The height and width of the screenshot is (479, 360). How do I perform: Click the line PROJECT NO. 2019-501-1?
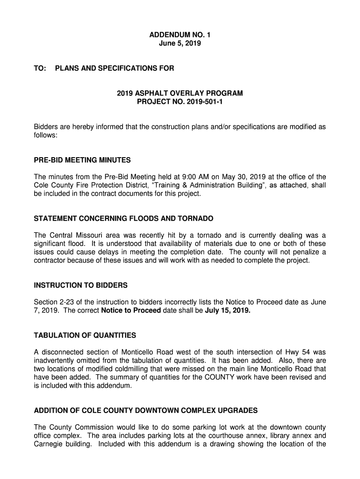(x=180, y=102)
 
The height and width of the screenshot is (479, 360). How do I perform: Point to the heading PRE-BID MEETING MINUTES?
(x=82, y=160)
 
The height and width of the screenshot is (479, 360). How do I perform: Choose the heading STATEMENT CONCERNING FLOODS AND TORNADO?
(x=123, y=219)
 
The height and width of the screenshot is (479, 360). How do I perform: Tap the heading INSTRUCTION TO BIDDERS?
(x=81, y=285)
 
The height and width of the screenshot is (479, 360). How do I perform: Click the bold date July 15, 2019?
(x=228, y=310)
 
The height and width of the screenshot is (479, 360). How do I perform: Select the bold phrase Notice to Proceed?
(x=131, y=310)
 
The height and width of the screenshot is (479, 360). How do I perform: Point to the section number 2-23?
(x=67, y=302)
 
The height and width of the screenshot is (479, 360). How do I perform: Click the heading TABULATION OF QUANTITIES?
(x=85, y=335)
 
